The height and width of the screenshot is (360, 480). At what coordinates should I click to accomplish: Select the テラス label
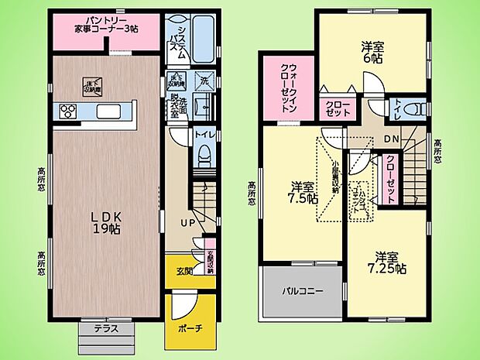(x=106, y=328)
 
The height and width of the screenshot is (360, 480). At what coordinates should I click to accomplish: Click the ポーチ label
(x=189, y=327)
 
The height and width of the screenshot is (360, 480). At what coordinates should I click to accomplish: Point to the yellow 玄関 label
(x=184, y=270)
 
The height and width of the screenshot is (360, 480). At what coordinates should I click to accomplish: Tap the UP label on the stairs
(x=188, y=224)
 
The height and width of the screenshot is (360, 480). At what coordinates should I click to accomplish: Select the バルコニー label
(x=302, y=290)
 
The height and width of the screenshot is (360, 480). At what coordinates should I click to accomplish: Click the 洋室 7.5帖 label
(x=304, y=192)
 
